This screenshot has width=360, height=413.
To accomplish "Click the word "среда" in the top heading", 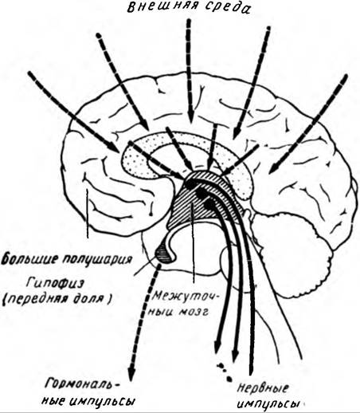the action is click(227, 8).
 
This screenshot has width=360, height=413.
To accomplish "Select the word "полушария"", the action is click(95, 259).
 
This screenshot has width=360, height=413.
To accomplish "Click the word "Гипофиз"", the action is click(55, 284).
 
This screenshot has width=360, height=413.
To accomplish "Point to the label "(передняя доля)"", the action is click(57, 299).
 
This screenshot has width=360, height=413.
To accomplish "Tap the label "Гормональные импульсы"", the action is click(88, 392).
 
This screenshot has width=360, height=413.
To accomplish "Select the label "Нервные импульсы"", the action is click(268, 396).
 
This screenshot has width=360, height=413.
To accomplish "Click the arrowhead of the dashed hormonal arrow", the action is click(131, 376).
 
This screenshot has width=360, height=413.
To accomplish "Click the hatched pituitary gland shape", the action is click(164, 254).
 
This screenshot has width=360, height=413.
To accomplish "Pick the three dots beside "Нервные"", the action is click(225, 372).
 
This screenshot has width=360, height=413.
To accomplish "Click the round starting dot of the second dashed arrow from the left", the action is click(99, 35).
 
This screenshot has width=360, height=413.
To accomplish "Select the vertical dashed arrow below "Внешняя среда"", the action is click(190, 71).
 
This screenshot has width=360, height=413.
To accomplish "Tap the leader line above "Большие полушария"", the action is click(87, 214).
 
